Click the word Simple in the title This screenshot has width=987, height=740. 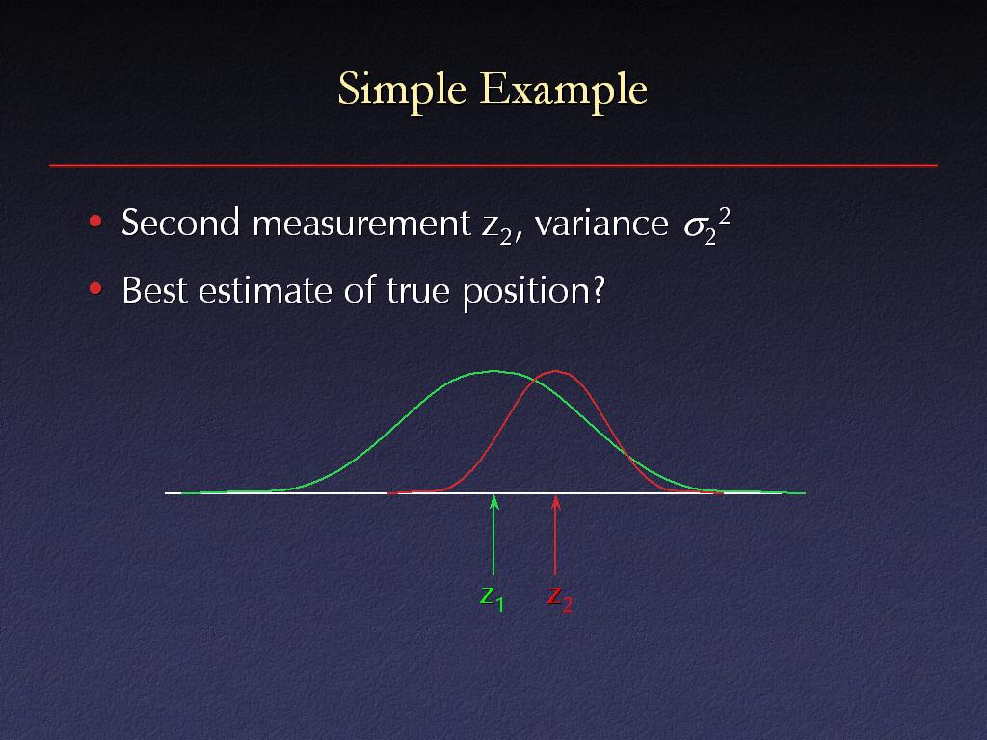point(402,91)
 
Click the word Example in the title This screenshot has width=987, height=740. point(564,91)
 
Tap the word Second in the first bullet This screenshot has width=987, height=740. point(180,223)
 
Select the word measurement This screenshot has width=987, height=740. point(361,224)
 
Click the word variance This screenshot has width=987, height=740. point(601,224)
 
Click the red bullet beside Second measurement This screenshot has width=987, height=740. point(95,221)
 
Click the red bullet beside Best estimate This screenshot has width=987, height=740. point(95,289)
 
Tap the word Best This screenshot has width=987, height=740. point(154,291)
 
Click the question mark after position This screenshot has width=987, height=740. point(598,290)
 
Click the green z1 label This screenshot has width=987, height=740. point(492,598)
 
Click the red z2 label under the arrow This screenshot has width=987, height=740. point(560,598)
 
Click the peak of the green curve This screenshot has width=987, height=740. point(494,371)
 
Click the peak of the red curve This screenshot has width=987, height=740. point(556,371)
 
